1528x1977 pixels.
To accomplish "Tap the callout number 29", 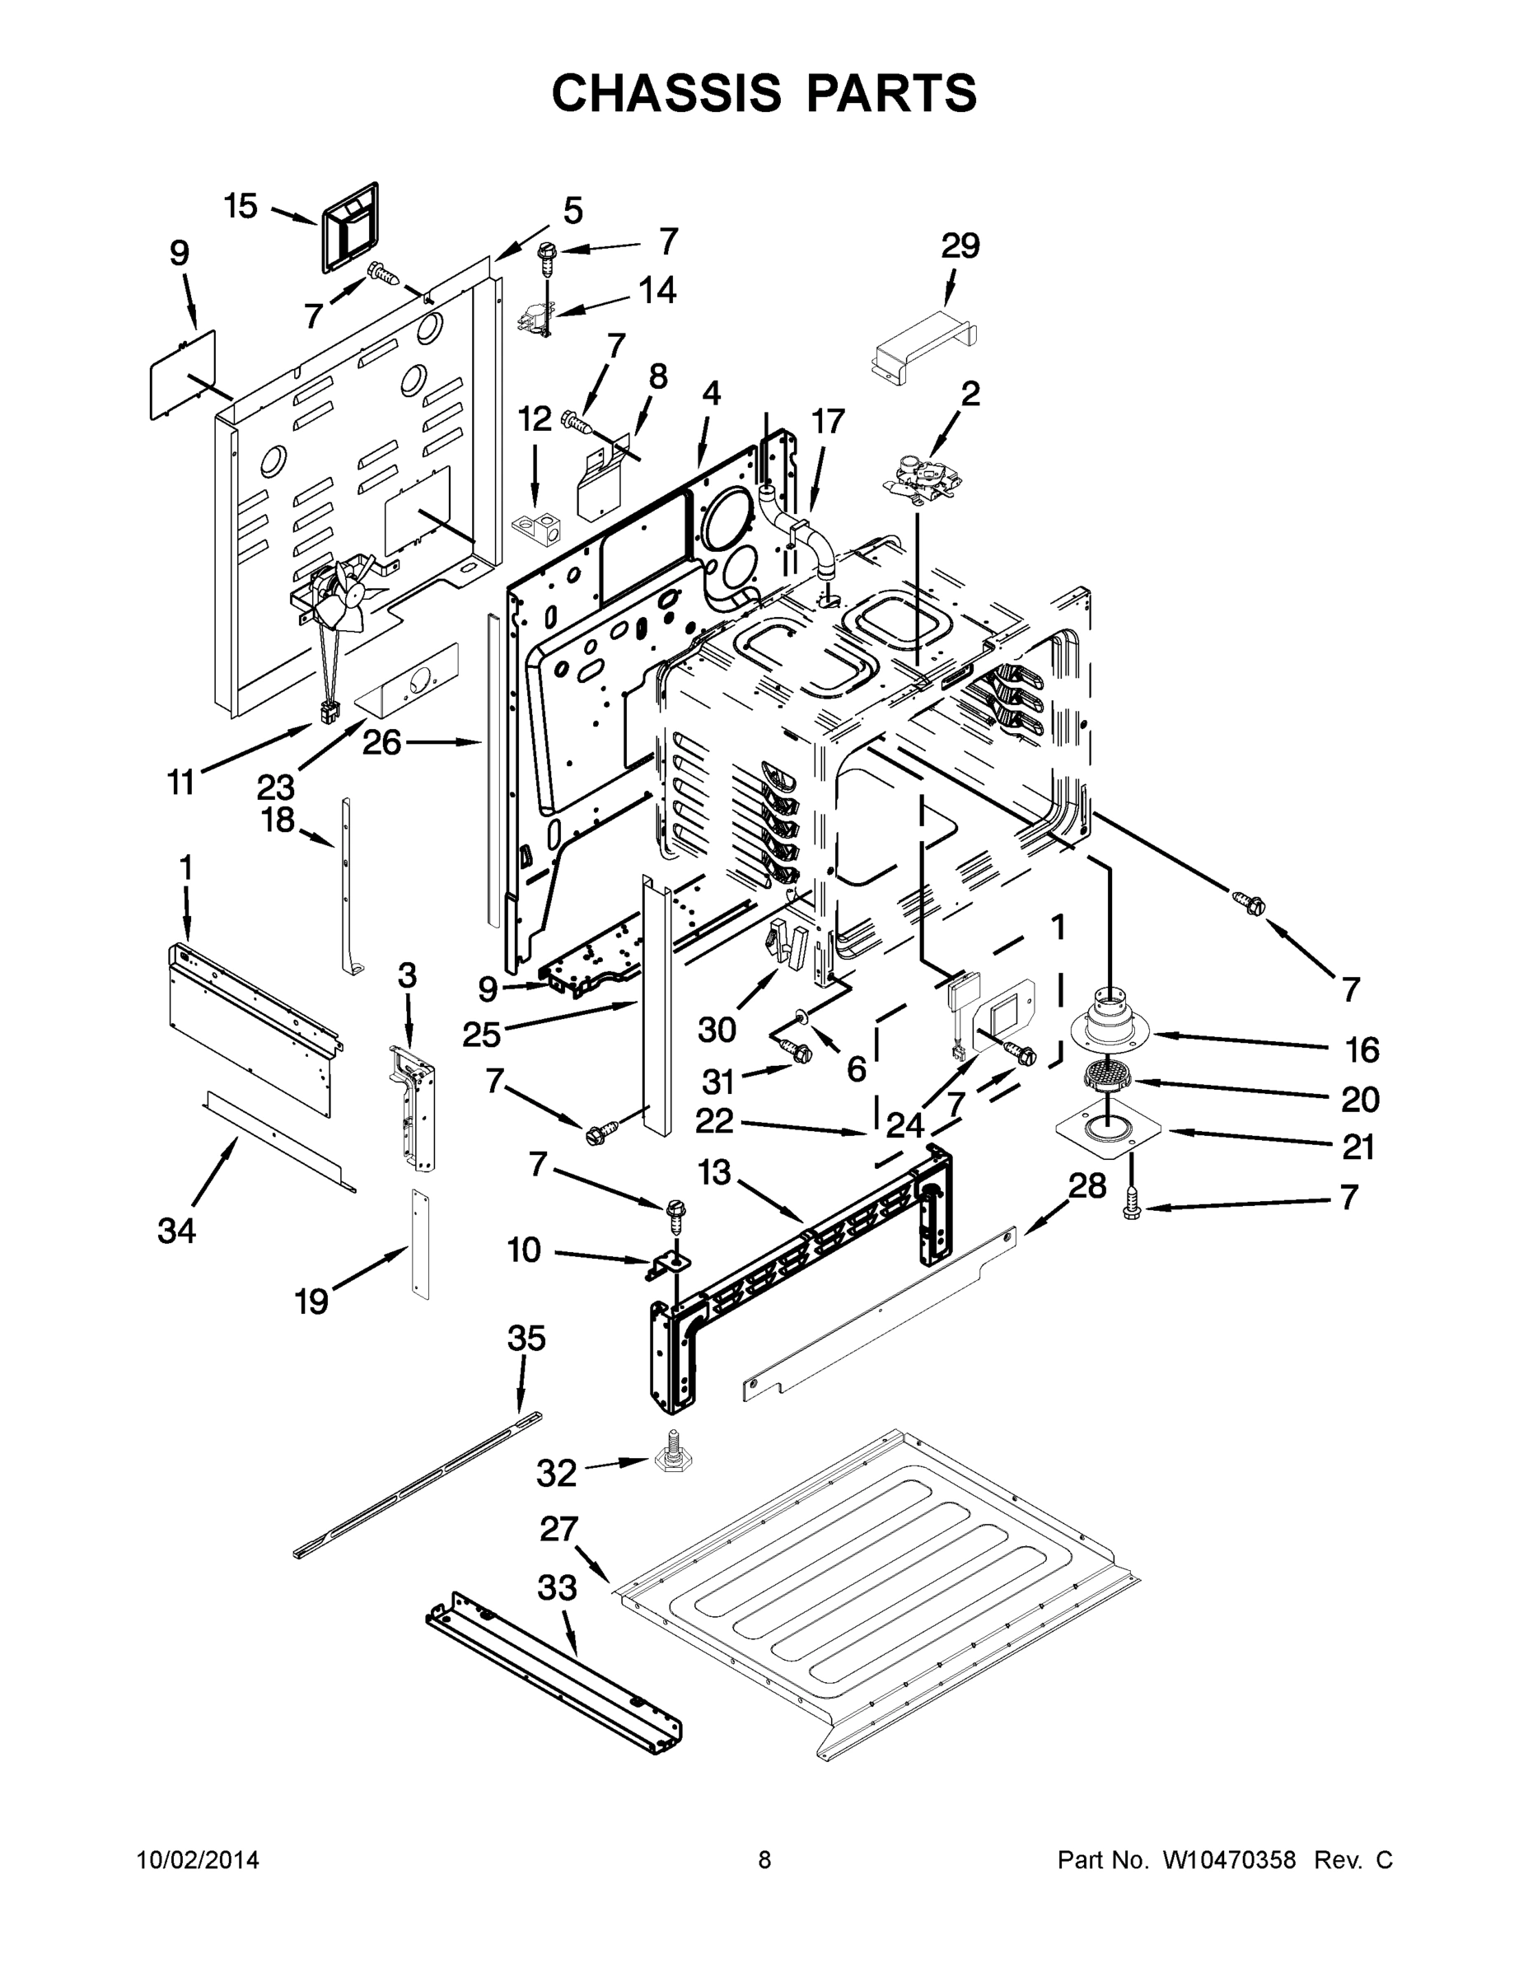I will pyautogui.click(x=960, y=245).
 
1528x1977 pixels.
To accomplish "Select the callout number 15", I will pyautogui.click(x=241, y=207).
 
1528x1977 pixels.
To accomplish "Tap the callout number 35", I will pyautogui.click(x=526, y=1338).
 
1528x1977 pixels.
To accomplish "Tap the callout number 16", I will pyautogui.click(x=1362, y=1050).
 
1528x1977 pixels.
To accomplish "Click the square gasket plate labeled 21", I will pyautogui.click(x=1109, y=1132).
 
